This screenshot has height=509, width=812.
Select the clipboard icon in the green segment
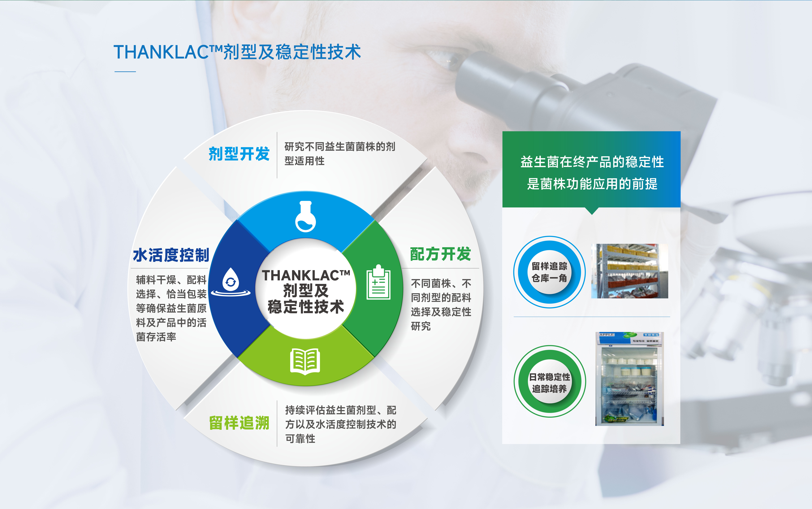pyautogui.click(x=378, y=282)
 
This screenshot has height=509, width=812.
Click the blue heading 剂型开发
pyautogui.click(x=239, y=154)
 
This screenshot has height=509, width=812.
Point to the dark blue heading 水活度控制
pyautogui.click(x=171, y=255)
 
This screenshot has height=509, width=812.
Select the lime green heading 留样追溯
pyautogui.click(x=239, y=423)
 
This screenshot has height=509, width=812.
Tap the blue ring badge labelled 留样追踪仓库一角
pyautogui.click(x=549, y=272)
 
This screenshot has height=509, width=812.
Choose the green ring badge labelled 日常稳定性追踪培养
pyautogui.click(x=550, y=381)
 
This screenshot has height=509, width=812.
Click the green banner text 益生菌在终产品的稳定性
pyautogui.click(x=592, y=162)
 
